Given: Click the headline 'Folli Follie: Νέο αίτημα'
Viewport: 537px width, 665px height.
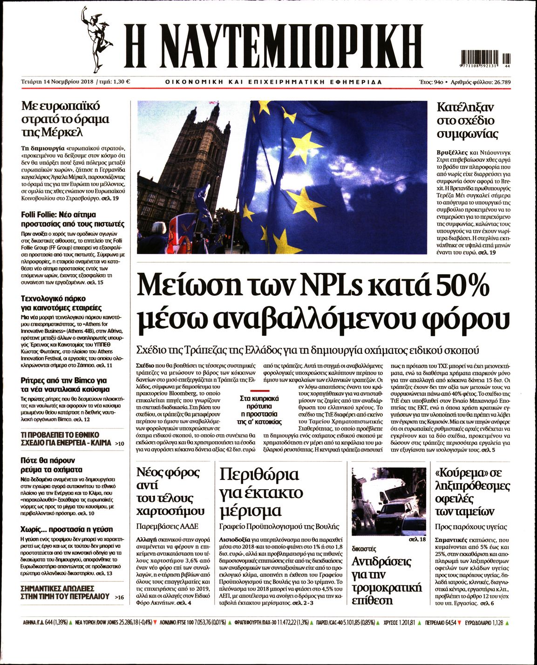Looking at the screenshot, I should tap(59, 215).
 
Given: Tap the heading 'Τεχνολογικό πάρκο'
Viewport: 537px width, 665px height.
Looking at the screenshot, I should tap(54, 298).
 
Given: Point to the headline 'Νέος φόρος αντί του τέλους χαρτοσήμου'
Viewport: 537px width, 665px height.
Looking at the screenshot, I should tap(170, 492).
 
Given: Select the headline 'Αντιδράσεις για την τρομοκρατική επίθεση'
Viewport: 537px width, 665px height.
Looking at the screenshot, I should tap(381, 581).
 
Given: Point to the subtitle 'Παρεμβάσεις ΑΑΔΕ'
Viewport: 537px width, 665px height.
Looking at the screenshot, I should tap(167, 526).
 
